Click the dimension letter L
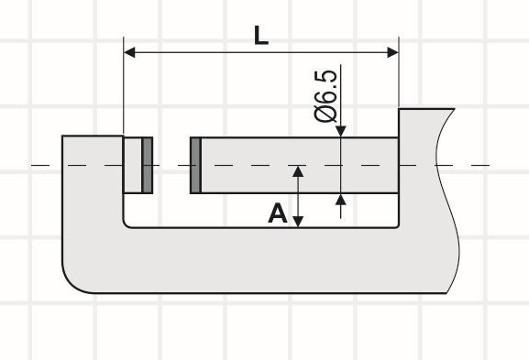pos(261,35)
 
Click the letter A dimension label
pos(277,213)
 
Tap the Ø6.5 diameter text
pos(325,95)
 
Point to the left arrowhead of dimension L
pos(129,52)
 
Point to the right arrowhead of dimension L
pos(393,52)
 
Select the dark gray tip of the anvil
pos(147,165)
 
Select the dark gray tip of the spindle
pos(196,165)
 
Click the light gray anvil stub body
pos(133,165)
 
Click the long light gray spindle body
pos(300,165)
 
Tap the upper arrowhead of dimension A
pos(298,171)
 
